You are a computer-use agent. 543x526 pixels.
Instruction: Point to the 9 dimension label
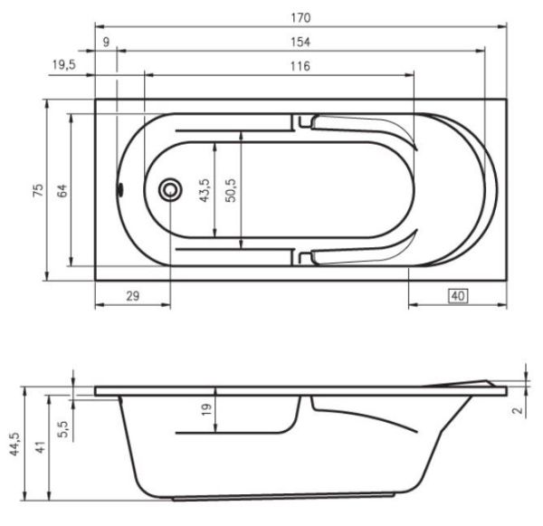[x=106, y=42]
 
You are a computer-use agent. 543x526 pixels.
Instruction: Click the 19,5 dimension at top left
[x=63, y=66]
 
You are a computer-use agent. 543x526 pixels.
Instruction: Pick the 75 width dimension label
[x=37, y=190]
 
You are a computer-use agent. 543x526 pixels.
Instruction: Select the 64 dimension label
[x=62, y=190]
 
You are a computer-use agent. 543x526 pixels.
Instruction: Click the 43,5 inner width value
[x=205, y=191]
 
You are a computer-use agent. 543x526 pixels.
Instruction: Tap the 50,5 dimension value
[x=233, y=191]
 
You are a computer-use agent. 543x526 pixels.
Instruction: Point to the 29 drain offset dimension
[x=132, y=296]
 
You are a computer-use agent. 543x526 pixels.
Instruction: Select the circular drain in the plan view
[x=169, y=190]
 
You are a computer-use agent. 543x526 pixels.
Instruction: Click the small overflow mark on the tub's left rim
[x=120, y=190]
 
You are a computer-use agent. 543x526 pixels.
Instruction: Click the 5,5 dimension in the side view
[x=62, y=426]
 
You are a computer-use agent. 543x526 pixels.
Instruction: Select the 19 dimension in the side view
[x=206, y=409]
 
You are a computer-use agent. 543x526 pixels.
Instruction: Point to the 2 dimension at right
[x=516, y=408]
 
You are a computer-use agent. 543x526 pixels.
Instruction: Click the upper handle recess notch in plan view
[x=304, y=121]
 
